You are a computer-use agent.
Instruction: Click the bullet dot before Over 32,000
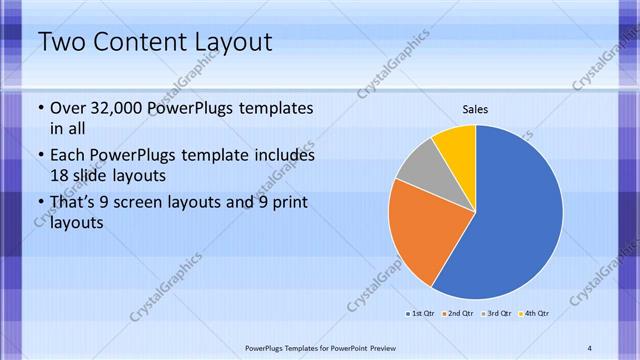pyautogui.click(x=39, y=108)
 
